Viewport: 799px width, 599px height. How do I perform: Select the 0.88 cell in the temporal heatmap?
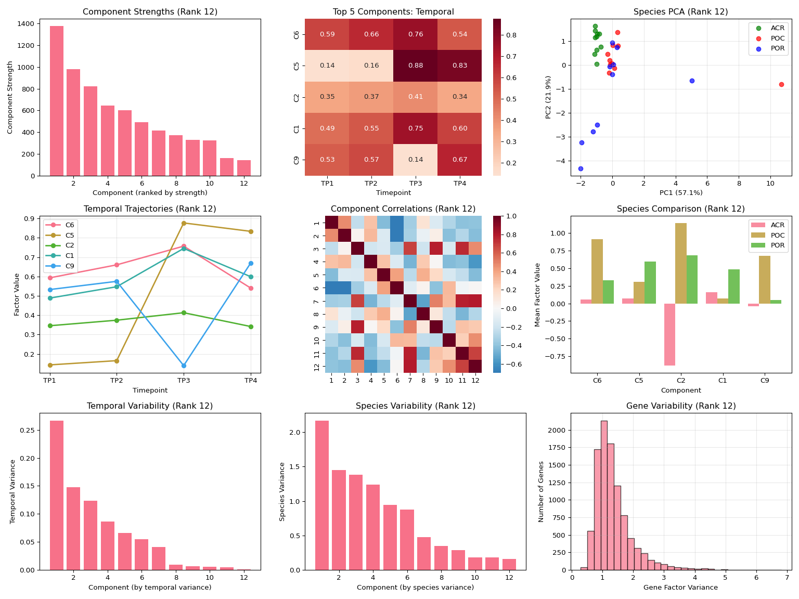pyautogui.click(x=415, y=66)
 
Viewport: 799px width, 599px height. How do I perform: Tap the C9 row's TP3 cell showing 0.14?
pyautogui.click(x=415, y=159)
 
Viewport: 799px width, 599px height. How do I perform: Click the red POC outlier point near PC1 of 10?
pyautogui.click(x=781, y=84)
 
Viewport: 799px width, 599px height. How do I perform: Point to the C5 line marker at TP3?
pyautogui.click(x=184, y=223)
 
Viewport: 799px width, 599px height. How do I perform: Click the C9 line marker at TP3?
pyautogui.click(x=184, y=366)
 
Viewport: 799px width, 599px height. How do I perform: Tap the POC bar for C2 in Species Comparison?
pyautogui.click(x=681, y=263)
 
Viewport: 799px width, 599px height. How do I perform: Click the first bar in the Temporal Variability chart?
pyautogui.click(x=57, y=495)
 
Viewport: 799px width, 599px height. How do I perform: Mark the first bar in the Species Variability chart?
pyautogui.click(x=322, y=495)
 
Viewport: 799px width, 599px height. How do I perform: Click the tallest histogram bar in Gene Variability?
pyautogui.click(x=604, y=495)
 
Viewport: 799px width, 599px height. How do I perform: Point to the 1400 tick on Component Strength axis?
pyautogui.click(x=28, y=24)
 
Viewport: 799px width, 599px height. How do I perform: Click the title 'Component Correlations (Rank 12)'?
pyautogui.click(x=403, y=209)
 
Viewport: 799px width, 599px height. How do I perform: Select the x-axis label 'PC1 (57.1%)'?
pyautogui.click(x=681, y=193)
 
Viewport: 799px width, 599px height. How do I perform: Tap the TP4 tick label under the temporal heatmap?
pyautogui.click(x=459, y=184)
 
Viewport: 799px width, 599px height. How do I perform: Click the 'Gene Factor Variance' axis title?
pyautogui.click(x=680, y=588)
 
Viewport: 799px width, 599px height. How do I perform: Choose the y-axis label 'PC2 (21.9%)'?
pyautogui.click(x=548, y=97)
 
